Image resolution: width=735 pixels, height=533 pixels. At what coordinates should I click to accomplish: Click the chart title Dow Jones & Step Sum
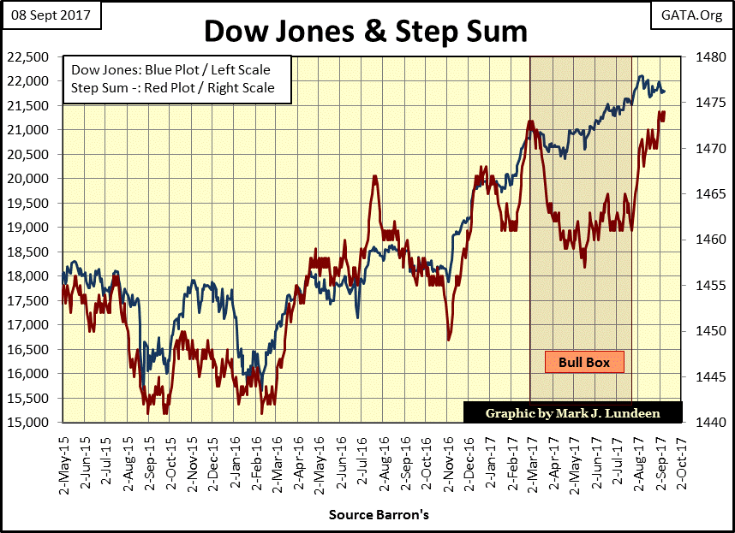pos(366,32)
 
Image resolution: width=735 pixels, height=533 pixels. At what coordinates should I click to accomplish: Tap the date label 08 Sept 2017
pos(52,15)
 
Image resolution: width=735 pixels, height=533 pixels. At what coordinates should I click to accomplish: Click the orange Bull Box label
pos(584,362)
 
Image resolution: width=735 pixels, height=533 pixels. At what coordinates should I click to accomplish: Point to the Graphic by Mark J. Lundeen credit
pos(573,412)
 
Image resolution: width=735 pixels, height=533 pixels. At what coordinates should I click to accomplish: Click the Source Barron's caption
pos(367,515)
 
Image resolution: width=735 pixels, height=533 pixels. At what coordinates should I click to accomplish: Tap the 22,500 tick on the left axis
pos(32,56)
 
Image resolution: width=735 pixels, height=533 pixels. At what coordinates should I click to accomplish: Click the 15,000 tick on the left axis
pos(32,423)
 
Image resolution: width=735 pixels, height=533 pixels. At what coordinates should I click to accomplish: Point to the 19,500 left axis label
pos(32,204)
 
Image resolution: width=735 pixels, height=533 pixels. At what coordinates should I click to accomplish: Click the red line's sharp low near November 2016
pos(450,341)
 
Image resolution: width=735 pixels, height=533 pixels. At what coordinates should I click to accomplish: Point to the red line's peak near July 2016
pos(375,176)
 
